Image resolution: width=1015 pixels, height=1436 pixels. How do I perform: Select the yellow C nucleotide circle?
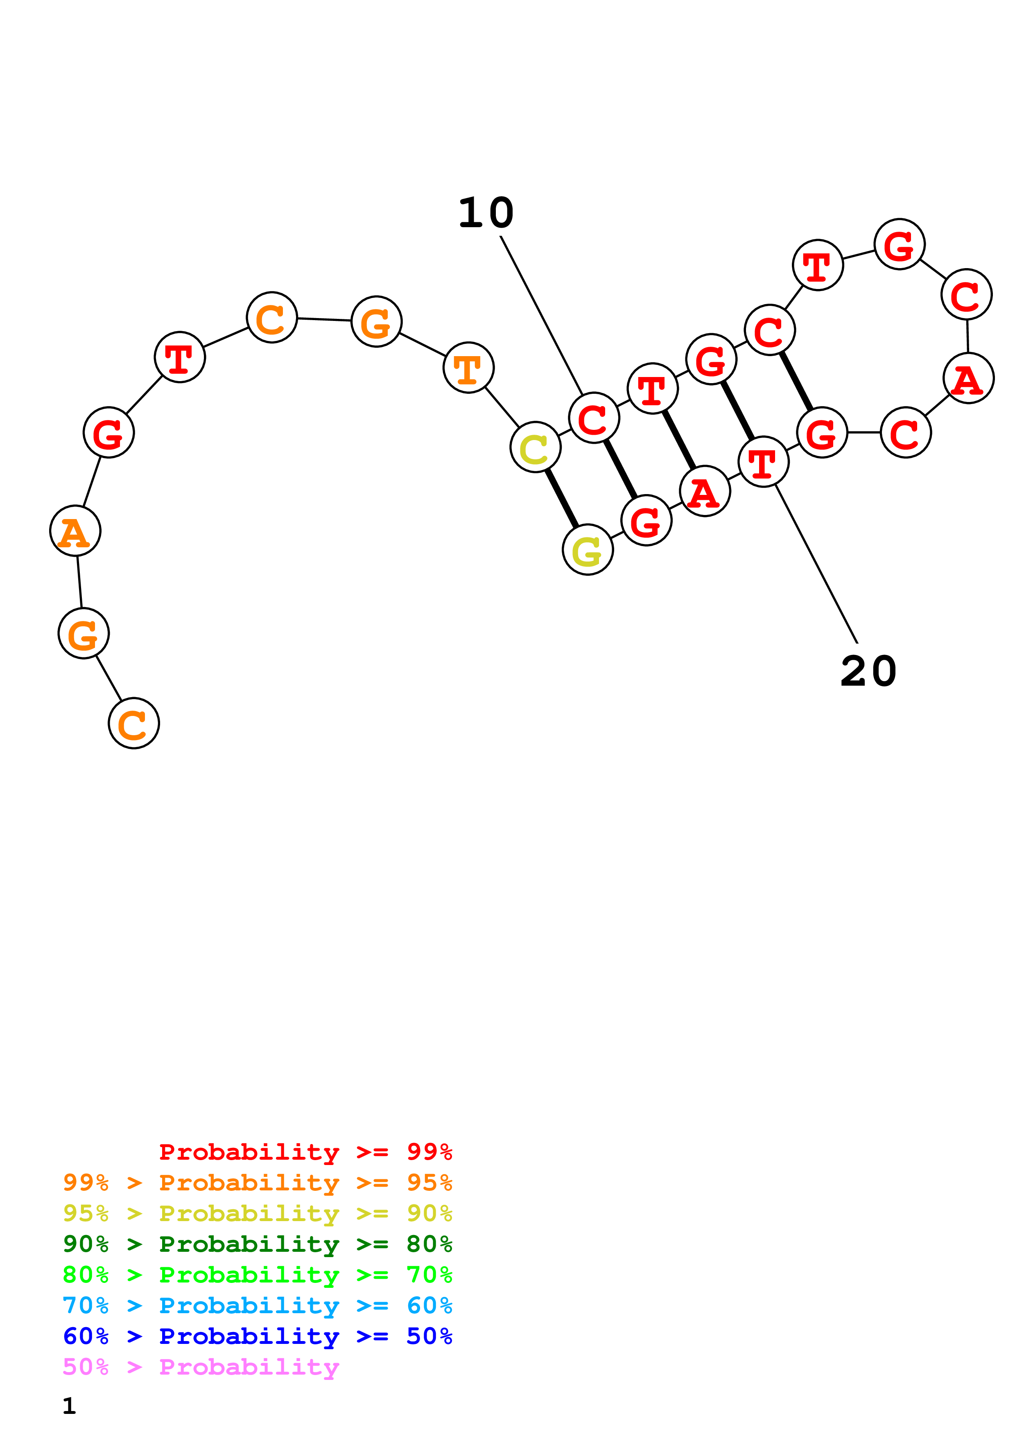535,447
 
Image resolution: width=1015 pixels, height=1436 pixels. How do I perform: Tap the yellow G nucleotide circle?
587,550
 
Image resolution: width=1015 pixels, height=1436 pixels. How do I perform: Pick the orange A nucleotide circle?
75,531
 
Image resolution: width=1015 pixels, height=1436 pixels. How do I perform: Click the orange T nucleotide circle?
468,368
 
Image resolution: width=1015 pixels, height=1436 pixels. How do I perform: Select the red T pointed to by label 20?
763,462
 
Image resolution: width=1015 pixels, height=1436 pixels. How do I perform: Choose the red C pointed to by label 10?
594,418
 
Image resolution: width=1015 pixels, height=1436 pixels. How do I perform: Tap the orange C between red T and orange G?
271,318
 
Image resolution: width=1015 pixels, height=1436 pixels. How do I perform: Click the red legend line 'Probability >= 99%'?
305,1152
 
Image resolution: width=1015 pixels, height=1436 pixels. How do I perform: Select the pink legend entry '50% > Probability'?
201,1367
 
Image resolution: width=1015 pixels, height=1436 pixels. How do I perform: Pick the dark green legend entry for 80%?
257,1244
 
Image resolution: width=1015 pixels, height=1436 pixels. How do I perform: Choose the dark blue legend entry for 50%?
257,1337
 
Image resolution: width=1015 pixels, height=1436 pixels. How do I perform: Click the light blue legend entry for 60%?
257,1306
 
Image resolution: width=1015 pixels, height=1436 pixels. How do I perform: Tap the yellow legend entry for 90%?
257,1213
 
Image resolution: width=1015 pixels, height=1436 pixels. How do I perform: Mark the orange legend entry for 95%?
257,1183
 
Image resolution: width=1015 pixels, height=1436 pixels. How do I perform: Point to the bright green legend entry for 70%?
257,1275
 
